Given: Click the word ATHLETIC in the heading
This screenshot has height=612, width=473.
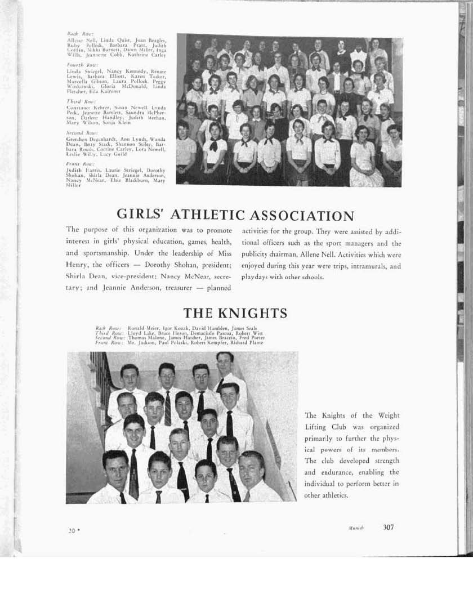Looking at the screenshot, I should (x=213, y=216).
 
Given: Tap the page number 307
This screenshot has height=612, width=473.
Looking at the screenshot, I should (x=389, y=528).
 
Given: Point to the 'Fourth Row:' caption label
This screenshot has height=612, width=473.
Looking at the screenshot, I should (x=75, y=65).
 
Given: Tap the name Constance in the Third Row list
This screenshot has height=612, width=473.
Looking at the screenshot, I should (x=78, y=106).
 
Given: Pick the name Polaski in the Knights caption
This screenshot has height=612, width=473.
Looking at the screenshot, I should (x=179, y=342).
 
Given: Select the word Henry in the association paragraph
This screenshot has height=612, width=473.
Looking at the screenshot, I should (x=76, y=265).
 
